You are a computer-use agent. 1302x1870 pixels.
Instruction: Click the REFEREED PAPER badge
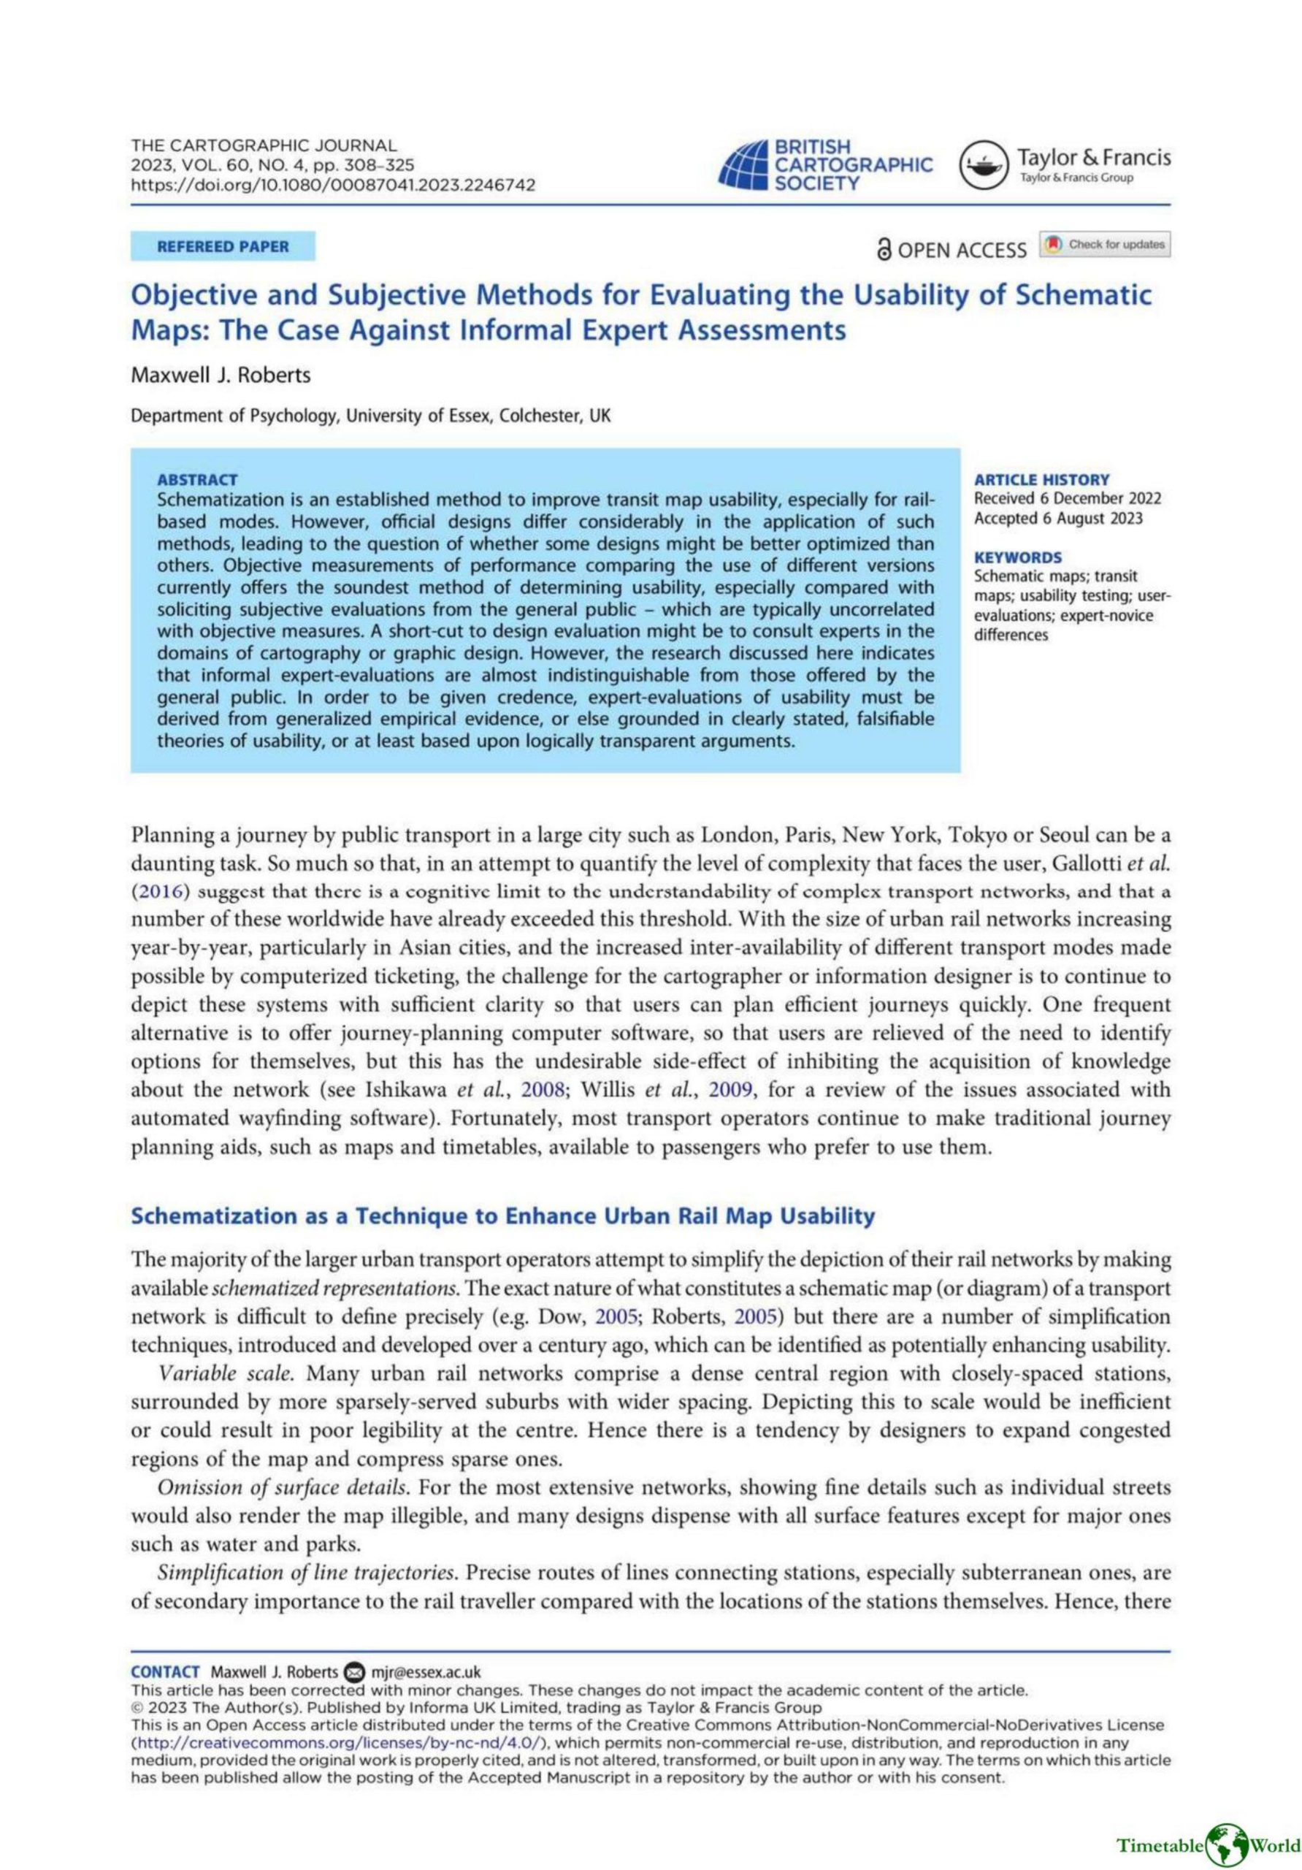click(x=222, y=246)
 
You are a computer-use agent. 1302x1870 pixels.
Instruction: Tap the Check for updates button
click(x=1105, y=244)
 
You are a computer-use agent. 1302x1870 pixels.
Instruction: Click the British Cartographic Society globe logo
click(x=742, y=165)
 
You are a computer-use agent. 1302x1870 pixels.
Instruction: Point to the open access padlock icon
click(x=884, y=250)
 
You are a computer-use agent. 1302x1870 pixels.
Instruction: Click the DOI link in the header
click(x=333, y=185)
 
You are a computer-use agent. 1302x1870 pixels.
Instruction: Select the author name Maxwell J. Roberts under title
click(x=221, y=375)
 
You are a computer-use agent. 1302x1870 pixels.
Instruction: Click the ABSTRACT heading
click(x=197, y=480)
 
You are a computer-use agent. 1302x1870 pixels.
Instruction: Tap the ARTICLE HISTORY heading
click(x=1041, y=480)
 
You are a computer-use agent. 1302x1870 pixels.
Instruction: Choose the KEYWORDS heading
click(x=1018, y=557)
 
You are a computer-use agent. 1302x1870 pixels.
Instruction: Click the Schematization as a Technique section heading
click(x=502, y=1216)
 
